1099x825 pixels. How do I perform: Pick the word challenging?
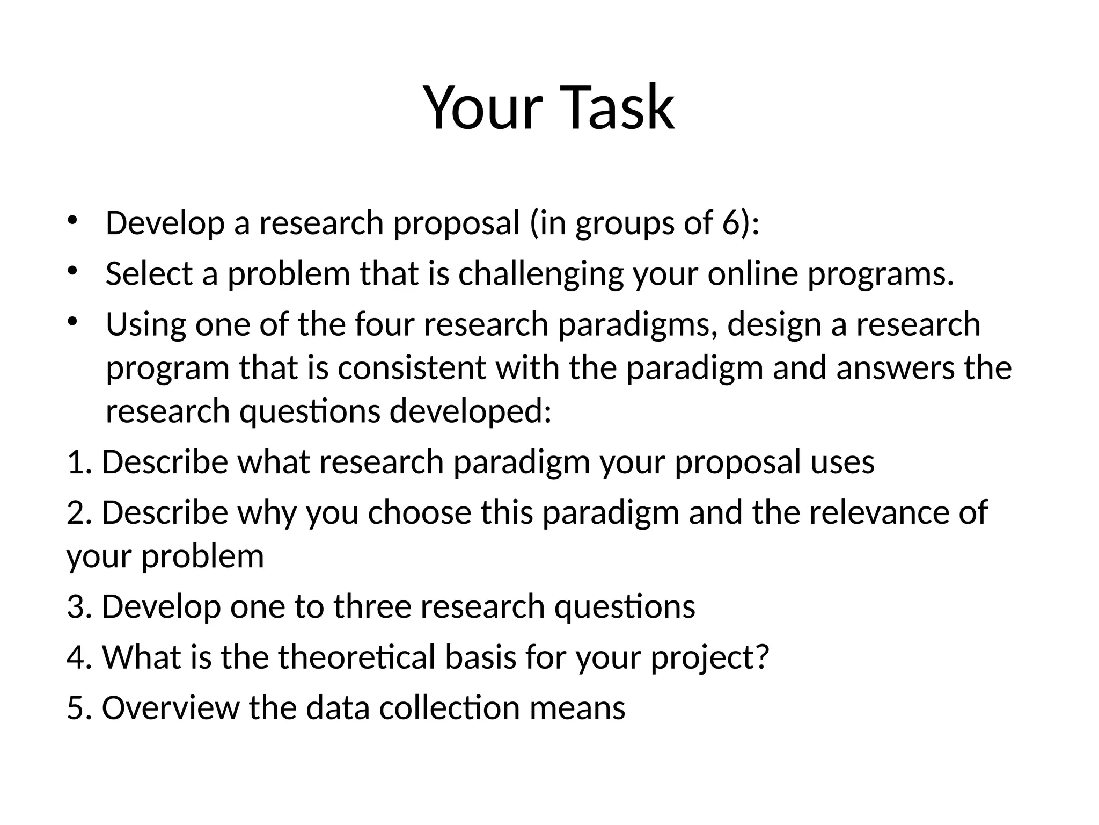(540, 274)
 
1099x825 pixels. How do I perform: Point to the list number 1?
(77, 462)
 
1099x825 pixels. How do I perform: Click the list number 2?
(77, 512)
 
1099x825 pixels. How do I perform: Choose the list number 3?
(77, 606)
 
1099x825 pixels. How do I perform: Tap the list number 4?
(77, 657)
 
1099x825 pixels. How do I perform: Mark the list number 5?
(77, 708)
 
